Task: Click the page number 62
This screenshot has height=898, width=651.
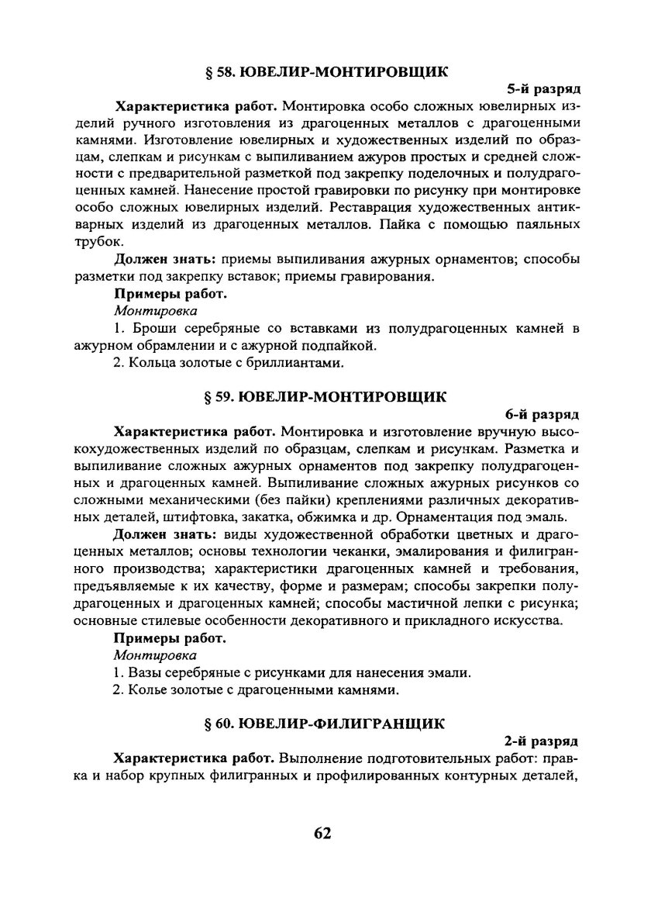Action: (x=323, y=833)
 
